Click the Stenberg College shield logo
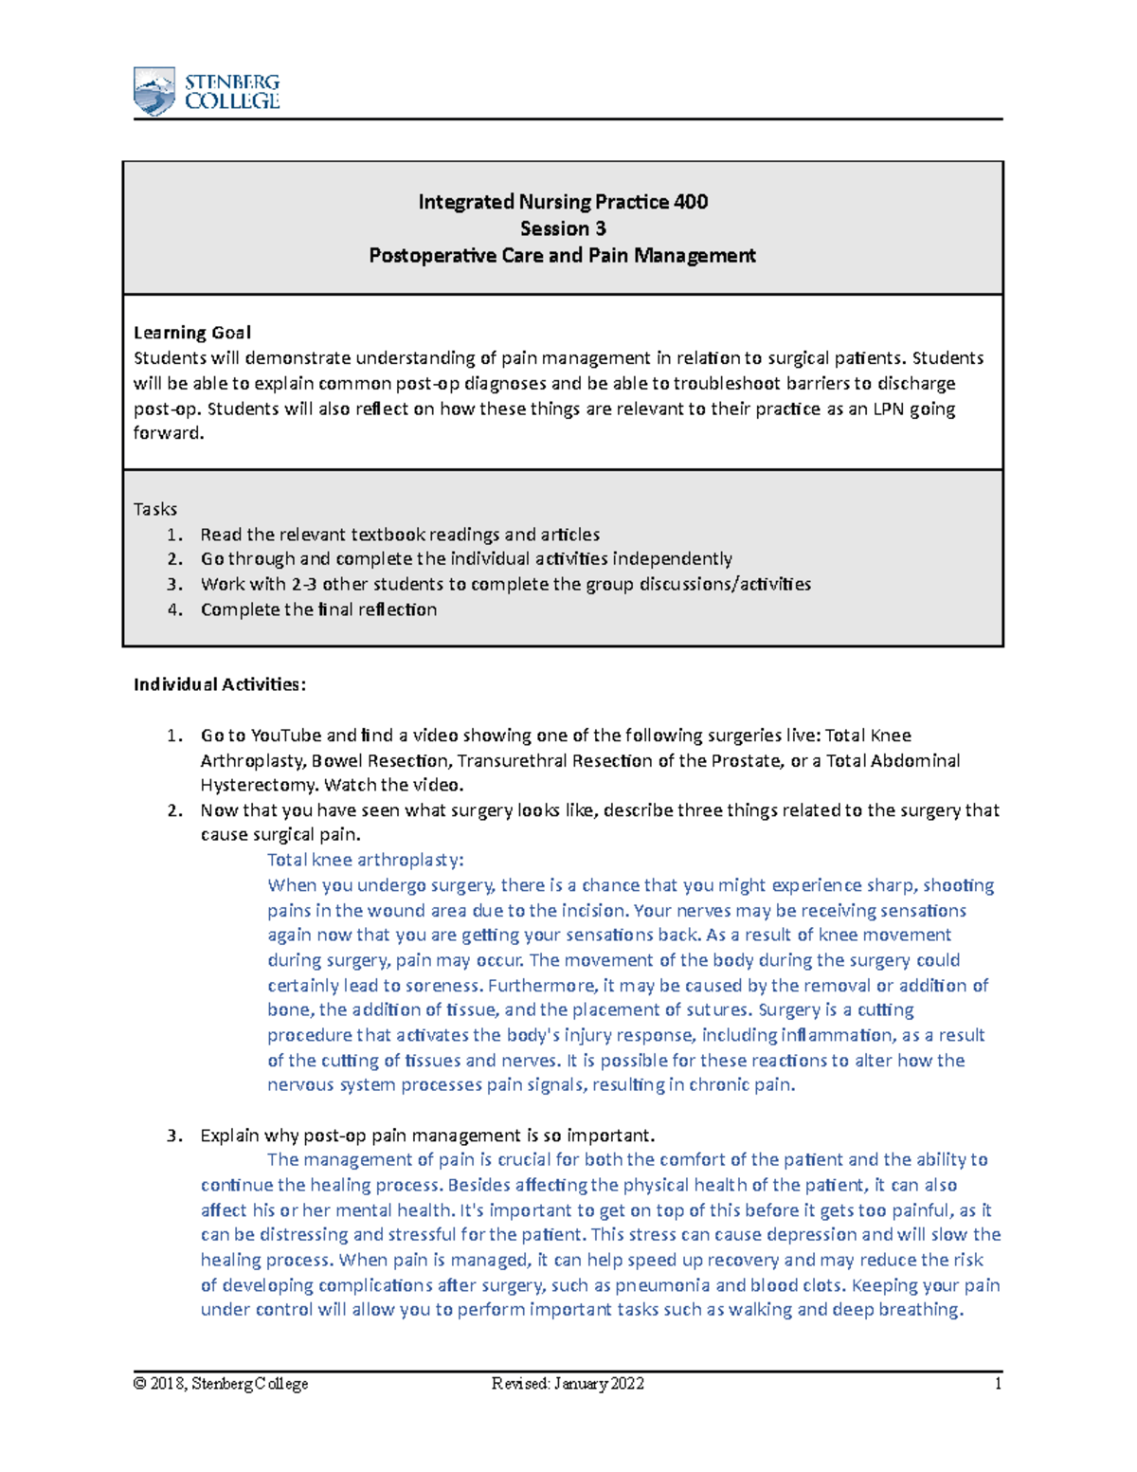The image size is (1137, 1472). (154, 91)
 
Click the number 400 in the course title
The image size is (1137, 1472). (691, 202)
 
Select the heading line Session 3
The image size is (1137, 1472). (563, 228)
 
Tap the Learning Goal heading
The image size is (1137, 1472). (192, 333)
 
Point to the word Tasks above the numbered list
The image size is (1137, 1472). (155, 509)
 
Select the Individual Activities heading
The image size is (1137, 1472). (220, 684)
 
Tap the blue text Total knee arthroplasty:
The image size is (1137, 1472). (365, 860)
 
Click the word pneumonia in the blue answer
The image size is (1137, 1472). (662, 1285)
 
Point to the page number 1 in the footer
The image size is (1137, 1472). (998, 1384)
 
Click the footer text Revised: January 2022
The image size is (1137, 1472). (568, 1384)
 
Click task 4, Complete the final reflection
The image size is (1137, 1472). (318, 609)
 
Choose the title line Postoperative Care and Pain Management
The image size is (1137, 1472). (563, 256)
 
